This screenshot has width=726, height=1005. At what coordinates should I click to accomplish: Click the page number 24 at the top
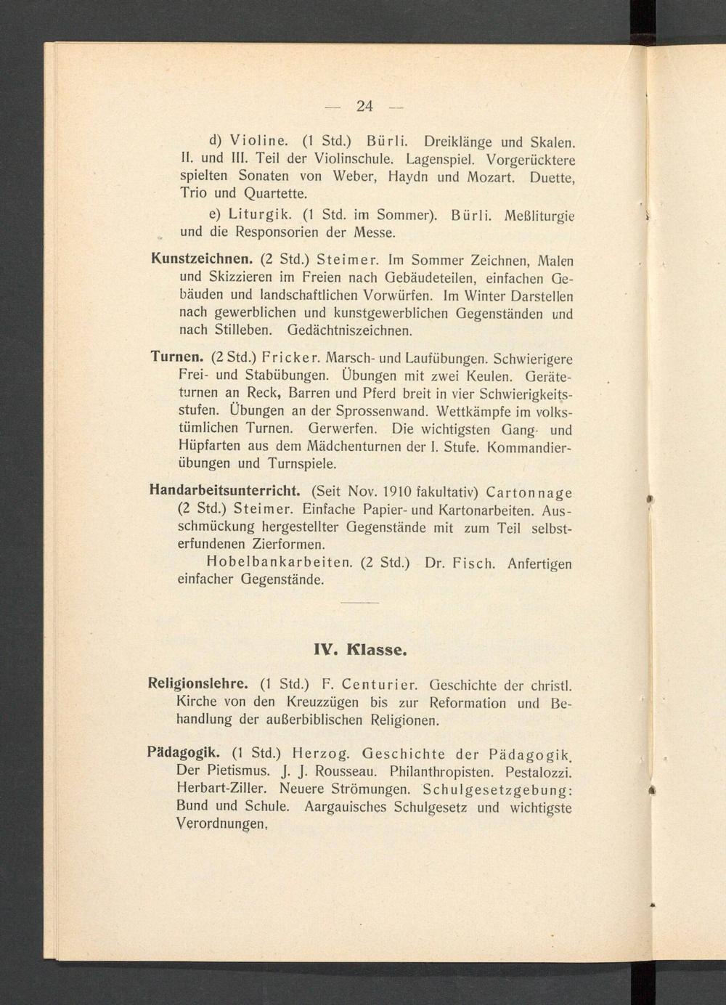click(x=364, y=106)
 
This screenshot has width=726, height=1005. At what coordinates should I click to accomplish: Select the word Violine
click(x=259, y=139)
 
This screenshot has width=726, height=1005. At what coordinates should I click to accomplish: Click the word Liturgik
click(x=260, y=215)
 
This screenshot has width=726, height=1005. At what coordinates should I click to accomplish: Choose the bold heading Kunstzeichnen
click(x=202, y=259)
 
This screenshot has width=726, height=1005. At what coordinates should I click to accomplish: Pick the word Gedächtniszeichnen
click(x=350, y=331)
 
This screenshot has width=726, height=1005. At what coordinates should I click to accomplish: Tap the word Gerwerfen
click(x=344, y=428)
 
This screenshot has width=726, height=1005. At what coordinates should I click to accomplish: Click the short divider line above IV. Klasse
click(x=359, y=603)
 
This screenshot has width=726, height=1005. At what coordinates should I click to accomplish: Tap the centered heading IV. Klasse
click(x=359, y=649)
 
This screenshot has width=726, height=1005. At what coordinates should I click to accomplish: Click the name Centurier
click(x=380, y=685)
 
